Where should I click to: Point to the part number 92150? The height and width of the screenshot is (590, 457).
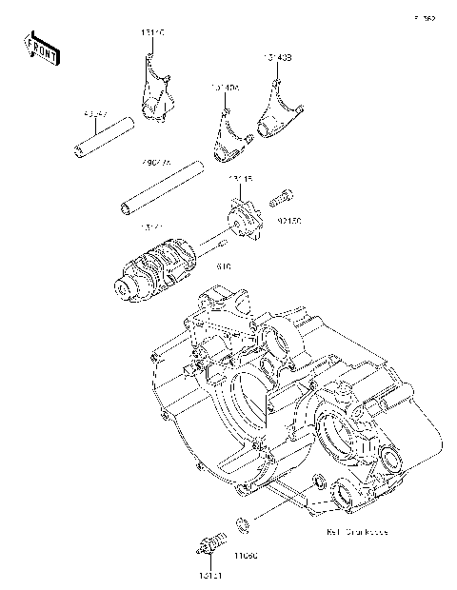(x=289, y=221)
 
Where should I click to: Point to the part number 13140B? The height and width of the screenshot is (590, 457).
(x=278, y=58)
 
